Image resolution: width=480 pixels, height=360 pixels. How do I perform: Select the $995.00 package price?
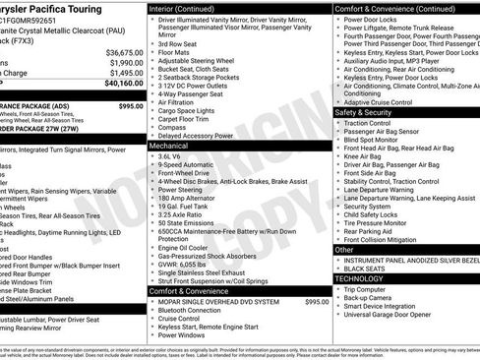pos(130,105)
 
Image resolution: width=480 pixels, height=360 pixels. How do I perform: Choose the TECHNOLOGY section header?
pos(360,278)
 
